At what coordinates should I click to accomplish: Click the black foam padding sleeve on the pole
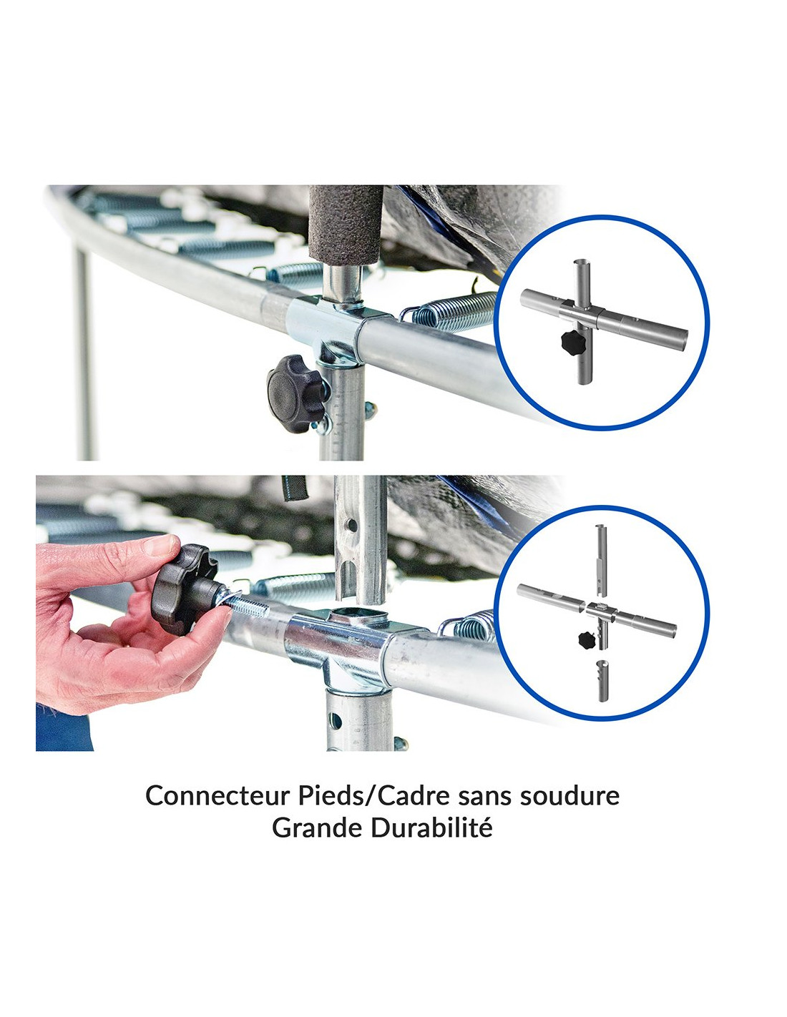(346, 227)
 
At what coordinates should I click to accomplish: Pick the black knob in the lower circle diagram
(588, 639)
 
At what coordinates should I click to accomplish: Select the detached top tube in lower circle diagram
(602, 560)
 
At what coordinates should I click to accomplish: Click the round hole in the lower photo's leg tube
(336, 719)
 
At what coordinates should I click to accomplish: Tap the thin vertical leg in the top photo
(84, 351)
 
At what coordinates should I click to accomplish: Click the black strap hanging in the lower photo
(294, 488)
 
